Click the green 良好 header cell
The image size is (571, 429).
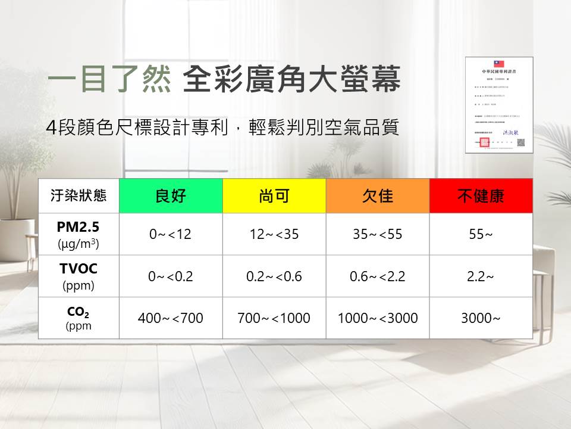click(171, 196)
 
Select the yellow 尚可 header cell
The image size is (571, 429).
click(274, 196)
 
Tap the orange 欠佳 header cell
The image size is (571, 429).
click(378, 196)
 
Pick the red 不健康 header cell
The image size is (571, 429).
click(481, 196)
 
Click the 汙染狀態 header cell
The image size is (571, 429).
click(79, 196)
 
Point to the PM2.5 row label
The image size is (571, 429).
click(79, 234)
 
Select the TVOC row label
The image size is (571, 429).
click(79, 276)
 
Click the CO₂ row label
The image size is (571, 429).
click(79, 318)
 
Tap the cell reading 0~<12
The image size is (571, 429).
click(171, 234)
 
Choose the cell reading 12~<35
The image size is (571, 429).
click(274, 234)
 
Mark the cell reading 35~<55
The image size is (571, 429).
click(378, 234)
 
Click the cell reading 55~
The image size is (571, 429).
click(481, 234)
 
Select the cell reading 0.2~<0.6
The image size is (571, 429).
click(274, 276)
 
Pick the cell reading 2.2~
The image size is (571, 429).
click(481, 276)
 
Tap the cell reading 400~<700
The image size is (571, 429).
click(171, 318)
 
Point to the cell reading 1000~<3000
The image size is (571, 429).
click(378, 318)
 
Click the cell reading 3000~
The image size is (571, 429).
click(481, 318)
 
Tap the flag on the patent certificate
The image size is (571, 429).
click(498, 63)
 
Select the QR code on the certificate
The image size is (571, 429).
click(520, 142)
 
